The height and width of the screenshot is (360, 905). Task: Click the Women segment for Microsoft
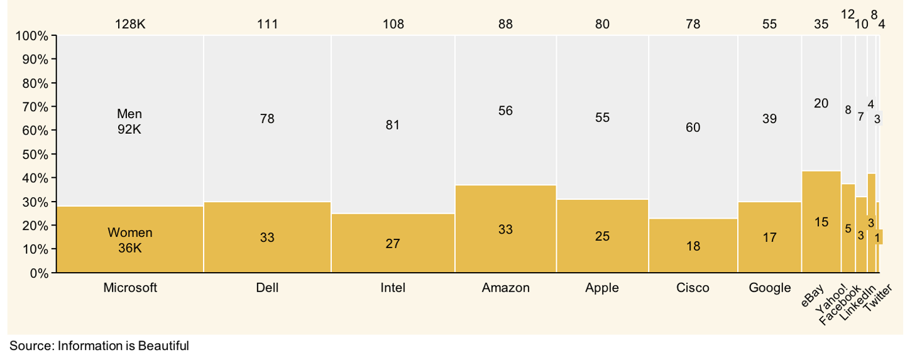[130, 239]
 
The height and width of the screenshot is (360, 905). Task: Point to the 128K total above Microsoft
[130, 25]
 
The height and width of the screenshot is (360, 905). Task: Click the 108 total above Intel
[393, 25]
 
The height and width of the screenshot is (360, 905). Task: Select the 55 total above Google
[769, 25]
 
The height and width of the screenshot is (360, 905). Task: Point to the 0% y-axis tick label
[38, 273]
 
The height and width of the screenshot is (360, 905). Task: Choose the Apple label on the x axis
[601, 288]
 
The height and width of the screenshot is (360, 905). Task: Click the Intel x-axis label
[393, 288]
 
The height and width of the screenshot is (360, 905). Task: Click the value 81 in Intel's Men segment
[393, 125]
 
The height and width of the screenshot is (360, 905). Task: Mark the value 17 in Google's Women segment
[769, 237]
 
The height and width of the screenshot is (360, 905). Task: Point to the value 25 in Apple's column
[601, 236]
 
